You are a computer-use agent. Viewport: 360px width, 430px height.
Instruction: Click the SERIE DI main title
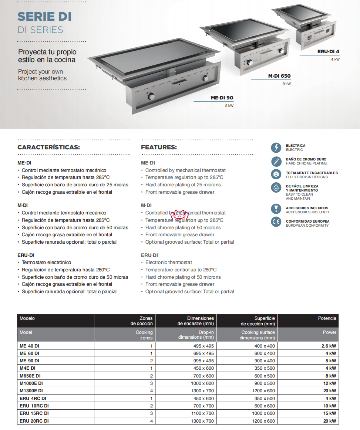point(44,17)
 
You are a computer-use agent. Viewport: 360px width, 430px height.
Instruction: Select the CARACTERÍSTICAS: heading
point(48,147)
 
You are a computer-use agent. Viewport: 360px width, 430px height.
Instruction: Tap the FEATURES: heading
point(159,147)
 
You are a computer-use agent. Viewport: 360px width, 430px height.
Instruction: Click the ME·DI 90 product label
point(222,98)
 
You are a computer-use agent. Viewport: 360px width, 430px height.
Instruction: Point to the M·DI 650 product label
point(279,76)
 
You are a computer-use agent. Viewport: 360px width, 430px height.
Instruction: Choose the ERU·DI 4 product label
point(328,52)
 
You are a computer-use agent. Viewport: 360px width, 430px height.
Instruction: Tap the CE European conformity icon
point(276,223)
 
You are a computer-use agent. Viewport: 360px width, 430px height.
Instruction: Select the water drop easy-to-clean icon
point(276,188)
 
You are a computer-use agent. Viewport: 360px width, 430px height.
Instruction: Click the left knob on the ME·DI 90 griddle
point(151,97)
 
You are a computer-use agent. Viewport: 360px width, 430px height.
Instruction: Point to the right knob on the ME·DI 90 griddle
point(205,79)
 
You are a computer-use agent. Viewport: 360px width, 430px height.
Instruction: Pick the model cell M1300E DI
point(31,391)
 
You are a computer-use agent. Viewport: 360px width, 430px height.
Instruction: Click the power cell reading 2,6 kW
point(329,346)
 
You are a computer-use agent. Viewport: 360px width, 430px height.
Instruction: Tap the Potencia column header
point(327,318)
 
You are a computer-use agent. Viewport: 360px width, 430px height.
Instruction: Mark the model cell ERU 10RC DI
point(34,406)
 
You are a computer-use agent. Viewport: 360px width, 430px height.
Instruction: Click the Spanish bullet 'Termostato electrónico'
point(46,263)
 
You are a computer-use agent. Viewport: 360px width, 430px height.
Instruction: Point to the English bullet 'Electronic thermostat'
point(168,263)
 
